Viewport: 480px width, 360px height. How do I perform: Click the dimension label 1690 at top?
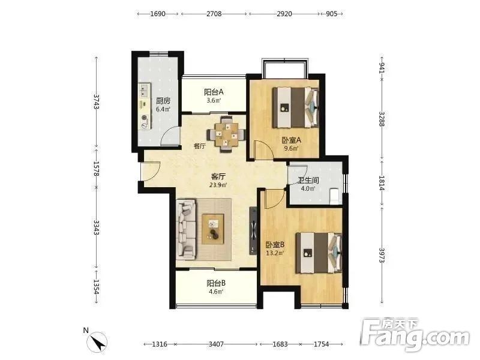coord(158,14)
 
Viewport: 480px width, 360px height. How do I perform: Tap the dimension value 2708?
coord(214,14)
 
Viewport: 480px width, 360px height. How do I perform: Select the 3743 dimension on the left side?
coord(97,101)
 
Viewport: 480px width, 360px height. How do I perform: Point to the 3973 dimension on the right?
coord(382,255)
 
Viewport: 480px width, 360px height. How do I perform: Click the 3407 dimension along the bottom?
coord(216,344)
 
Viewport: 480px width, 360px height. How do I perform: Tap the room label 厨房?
coord(163,101)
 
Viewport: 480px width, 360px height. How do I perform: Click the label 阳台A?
coord(214,92)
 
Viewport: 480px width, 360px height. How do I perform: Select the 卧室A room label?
coord(292,140)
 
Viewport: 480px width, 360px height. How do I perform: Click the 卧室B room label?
coord(275,245)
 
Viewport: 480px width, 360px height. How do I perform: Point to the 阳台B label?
coord(216,283)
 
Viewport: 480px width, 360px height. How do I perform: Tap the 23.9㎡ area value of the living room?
coord(218,185)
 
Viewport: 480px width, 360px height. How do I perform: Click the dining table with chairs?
coord(226,134)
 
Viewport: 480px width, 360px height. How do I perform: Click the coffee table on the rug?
coord(213,229)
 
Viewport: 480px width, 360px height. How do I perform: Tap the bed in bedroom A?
coord(295,107)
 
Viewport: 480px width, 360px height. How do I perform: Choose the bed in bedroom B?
coord(319,253)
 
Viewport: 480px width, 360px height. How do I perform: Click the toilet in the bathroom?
coord(335,196)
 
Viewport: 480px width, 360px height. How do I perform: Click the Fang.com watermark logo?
coord(415,335)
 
